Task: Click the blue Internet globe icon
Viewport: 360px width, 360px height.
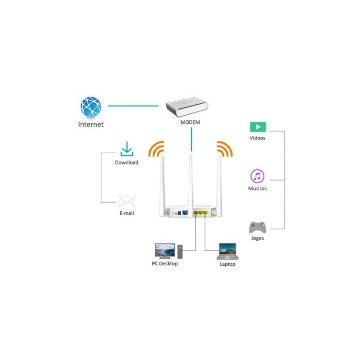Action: coord(91,107)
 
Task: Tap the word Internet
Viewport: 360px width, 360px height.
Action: coord(91,124)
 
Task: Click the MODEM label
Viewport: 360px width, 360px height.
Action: coord(190,122)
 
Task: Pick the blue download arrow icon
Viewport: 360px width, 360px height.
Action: coord(127,149)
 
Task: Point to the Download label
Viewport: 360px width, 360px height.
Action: coord(127,163)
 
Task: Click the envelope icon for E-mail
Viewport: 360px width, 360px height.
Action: coord(127,202)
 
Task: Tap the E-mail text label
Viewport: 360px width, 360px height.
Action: coord(127,213)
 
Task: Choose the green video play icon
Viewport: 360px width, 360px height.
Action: coord(258,127)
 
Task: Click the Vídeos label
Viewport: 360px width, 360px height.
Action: coord(257,138)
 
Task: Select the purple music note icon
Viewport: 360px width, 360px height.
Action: coord(257,176)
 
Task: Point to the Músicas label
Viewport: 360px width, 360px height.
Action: coord(257,189)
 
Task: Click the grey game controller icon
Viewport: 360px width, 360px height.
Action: coord(258,227)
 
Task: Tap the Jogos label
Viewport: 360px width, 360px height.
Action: coord(257,238)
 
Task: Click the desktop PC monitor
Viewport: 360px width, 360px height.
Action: coord(165,251)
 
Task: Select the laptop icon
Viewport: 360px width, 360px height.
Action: coord(227,251)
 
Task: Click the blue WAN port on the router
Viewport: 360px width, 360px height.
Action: coord(185,213)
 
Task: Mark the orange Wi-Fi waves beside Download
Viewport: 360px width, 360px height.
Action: coord(156,149)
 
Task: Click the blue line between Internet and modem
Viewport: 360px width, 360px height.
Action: coord(133,106)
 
